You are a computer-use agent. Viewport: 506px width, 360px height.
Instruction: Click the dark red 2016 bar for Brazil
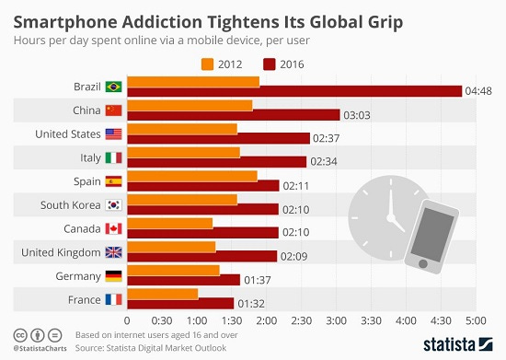(294, 91)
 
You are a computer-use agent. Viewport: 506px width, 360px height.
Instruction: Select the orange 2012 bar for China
(189, 106)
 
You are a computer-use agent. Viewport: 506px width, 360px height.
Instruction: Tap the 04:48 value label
(478, 91)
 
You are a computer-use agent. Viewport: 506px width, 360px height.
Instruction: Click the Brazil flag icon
(114, 87)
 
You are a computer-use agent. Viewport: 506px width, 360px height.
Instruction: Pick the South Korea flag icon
(114, 205)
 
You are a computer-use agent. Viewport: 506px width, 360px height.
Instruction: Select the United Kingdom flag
(114, 252)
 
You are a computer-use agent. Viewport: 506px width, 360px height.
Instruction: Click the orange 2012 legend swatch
(206, 64)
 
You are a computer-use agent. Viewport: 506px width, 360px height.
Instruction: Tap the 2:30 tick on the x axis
(301, 320)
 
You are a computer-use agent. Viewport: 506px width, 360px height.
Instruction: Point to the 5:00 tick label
(475, 320)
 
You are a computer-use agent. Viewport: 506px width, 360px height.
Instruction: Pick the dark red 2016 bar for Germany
(183, 280)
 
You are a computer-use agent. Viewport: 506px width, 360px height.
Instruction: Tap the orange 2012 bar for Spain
(192, 176)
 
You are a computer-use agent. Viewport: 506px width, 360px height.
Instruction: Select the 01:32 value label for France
(252, 304)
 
